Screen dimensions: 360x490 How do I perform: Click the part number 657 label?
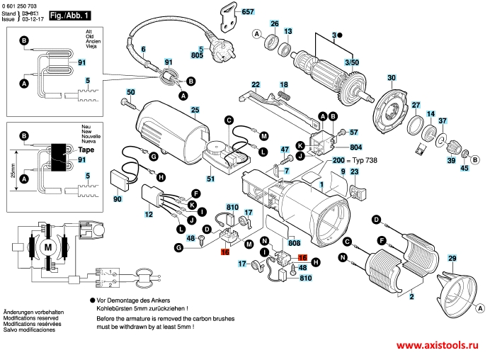click(247, 13)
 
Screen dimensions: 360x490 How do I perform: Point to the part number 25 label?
click(195, 109)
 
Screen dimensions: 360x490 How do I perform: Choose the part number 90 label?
click(117, 200)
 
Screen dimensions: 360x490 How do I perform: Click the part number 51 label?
click(210, 179)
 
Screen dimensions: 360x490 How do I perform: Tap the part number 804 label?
click(355, 147)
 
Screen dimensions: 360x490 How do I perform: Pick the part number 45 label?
click(465, 168)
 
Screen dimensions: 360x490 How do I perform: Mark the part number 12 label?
click(149, 214)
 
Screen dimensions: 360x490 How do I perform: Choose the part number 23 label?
click(355, 171)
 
